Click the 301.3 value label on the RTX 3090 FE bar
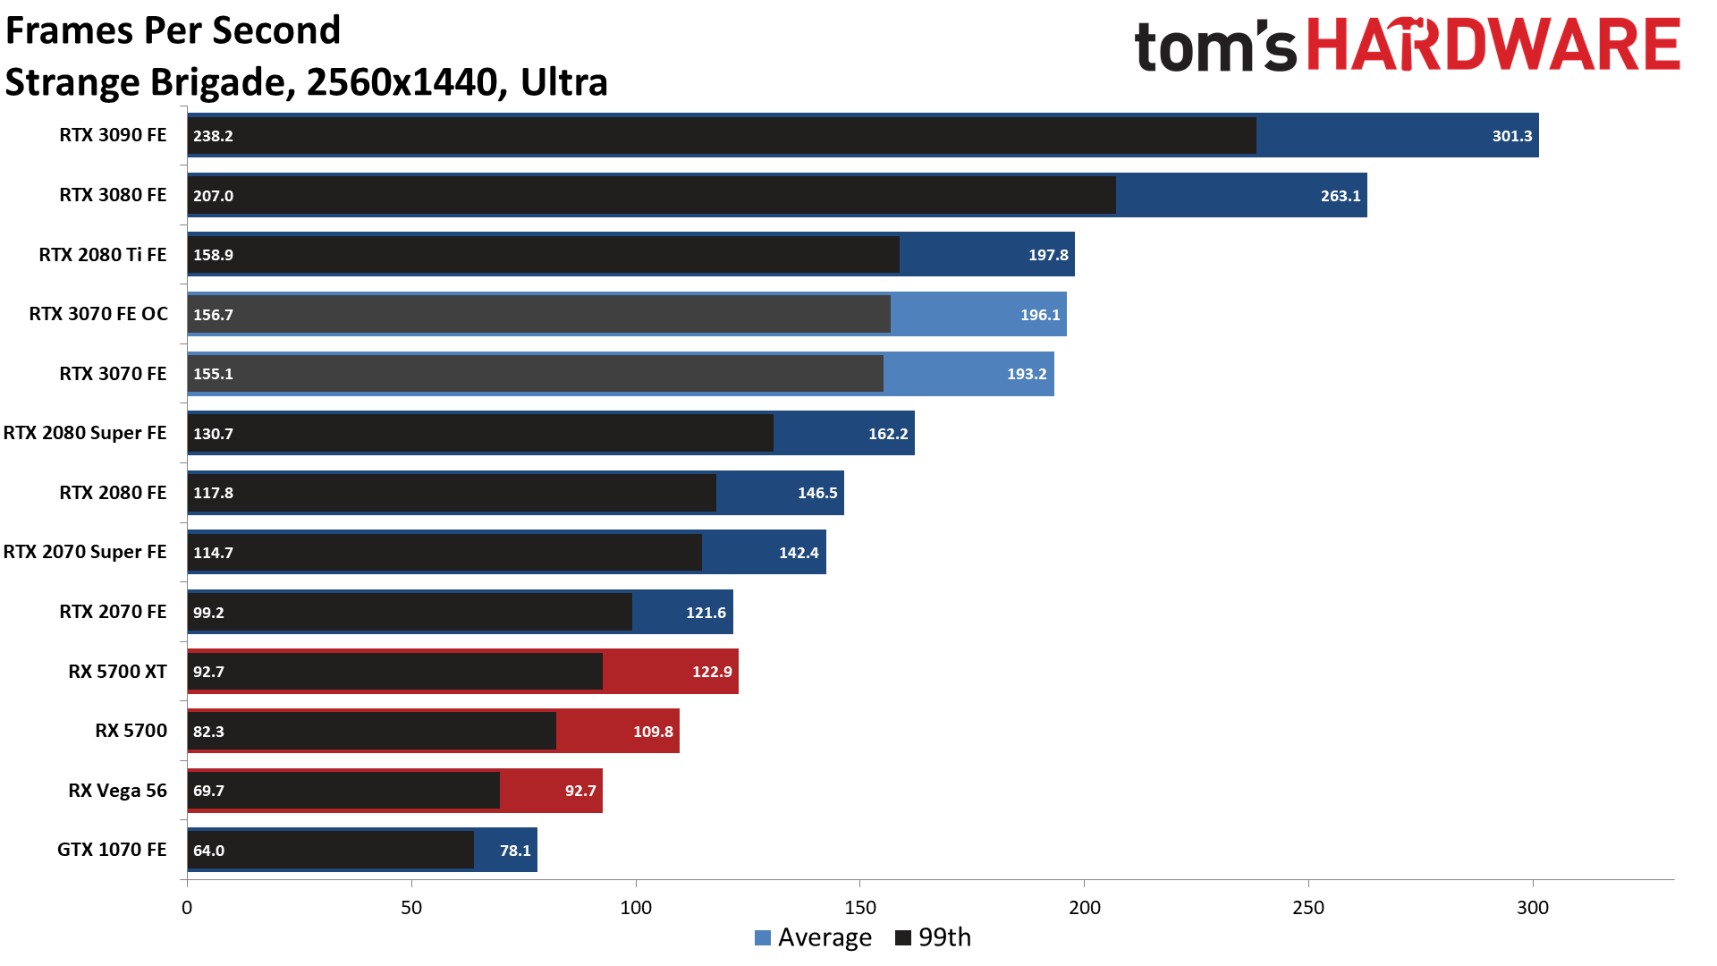(1511, 136)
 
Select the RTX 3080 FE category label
(113, 195)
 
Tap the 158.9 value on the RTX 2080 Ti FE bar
(213, 255)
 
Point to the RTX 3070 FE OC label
(98, 314)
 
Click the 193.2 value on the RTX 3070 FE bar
(1026, 374)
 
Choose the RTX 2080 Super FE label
(85, 433)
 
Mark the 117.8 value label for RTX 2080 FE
(213, 493)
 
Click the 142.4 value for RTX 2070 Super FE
(798, 553)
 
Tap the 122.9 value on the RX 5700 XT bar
(712, 672)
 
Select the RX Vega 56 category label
(117, 791)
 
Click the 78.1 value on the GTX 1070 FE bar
(515, 851)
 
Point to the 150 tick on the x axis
(860, 908)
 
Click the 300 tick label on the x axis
(1533, 908)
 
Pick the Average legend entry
(813, 937)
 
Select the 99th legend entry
(934, 937)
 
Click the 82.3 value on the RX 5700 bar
(208, 732)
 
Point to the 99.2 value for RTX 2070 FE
(208, 613)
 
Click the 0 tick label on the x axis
(187, 908)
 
